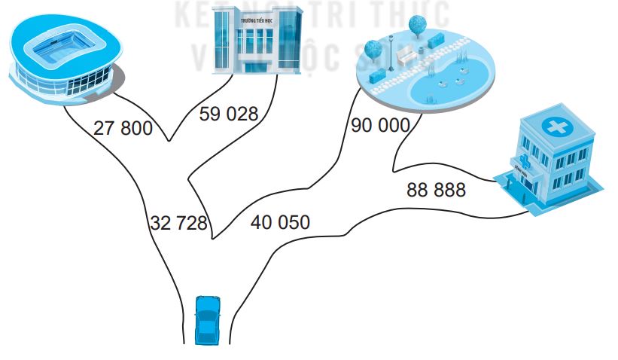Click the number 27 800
(123, 128)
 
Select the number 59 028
(228, 114)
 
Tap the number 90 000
(380, 125)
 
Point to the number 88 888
(436, 189)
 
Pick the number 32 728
(178, 223)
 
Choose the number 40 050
(280, 222)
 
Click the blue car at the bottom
(207, 319)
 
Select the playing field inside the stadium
(57, 49)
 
